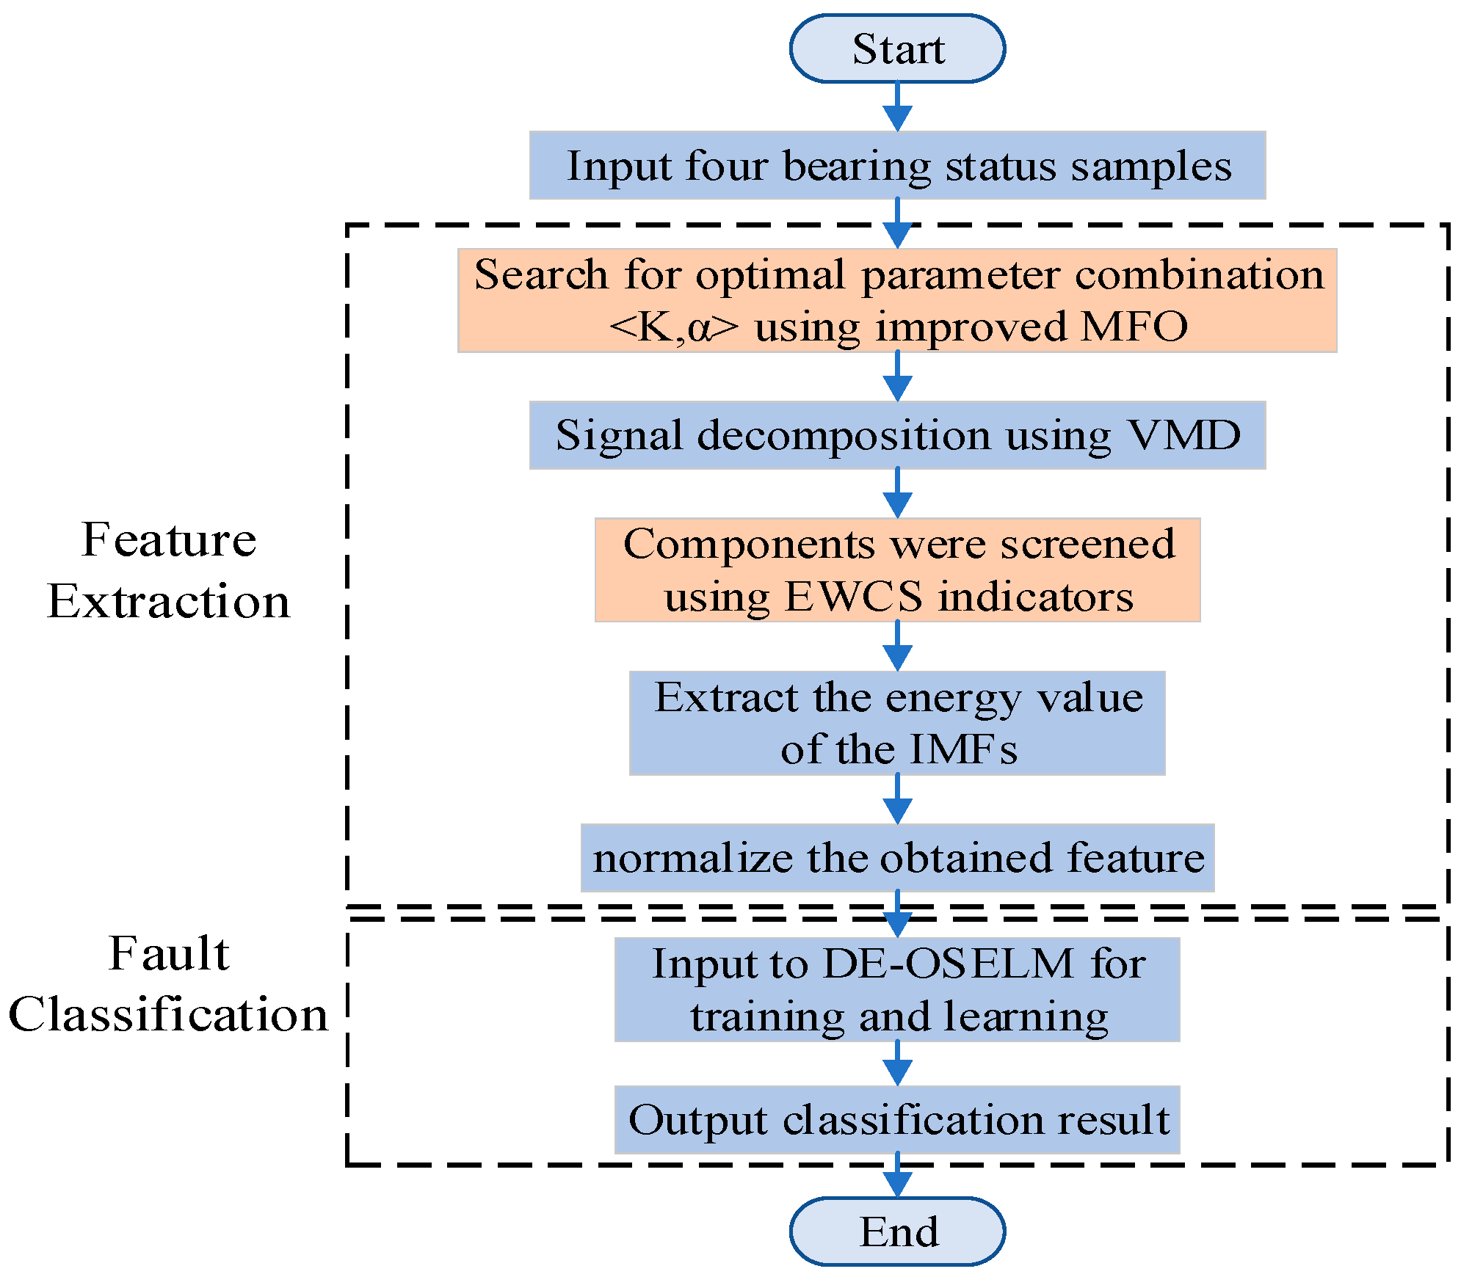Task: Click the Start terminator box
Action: [x=897, y=48]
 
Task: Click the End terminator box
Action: [x=897, y=1231]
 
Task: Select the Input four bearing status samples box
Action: [x=897, y=165]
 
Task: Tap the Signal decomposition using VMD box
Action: [x=897, y=435]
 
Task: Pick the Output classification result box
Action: [x=897, y=1119]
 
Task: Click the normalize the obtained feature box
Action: [x=897, y=857]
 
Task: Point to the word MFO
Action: [x=1134, y=327]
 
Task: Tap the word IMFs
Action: [x=963, y=749]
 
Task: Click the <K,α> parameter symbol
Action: [x=673, y=327]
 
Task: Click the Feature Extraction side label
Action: [x=169, y=570]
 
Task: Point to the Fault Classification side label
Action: [x=169, y=984]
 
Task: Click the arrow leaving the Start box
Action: [x=897, y=107]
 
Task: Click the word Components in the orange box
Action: [x=749, y=545]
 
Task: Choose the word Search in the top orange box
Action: [x=541, y=275]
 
